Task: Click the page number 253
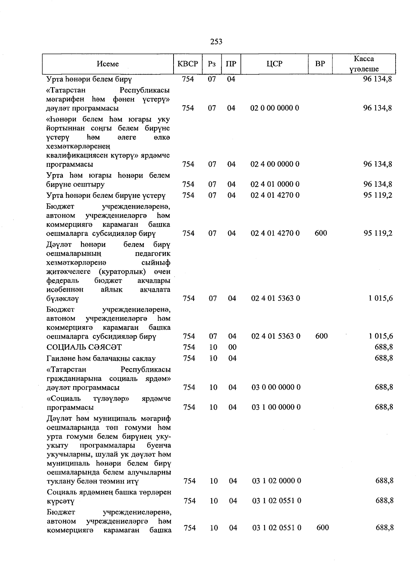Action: [216, 42]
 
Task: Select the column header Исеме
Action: [108, 64]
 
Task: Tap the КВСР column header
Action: [188, 64]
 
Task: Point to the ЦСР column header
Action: [274, 64]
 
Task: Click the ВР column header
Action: [320, 64]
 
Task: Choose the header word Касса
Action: [364, 59]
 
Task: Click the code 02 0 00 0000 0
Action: [275, 108]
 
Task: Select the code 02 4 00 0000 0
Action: [275, 164]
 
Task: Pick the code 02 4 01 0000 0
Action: [275, 184]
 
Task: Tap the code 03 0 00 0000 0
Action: [276, 388]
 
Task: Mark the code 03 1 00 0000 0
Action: [276, 407]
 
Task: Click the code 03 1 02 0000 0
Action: [276, 481]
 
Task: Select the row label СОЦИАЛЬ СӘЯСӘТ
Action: [84, 347]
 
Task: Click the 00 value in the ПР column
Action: [233, 347]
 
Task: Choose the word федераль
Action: [61, 281]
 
